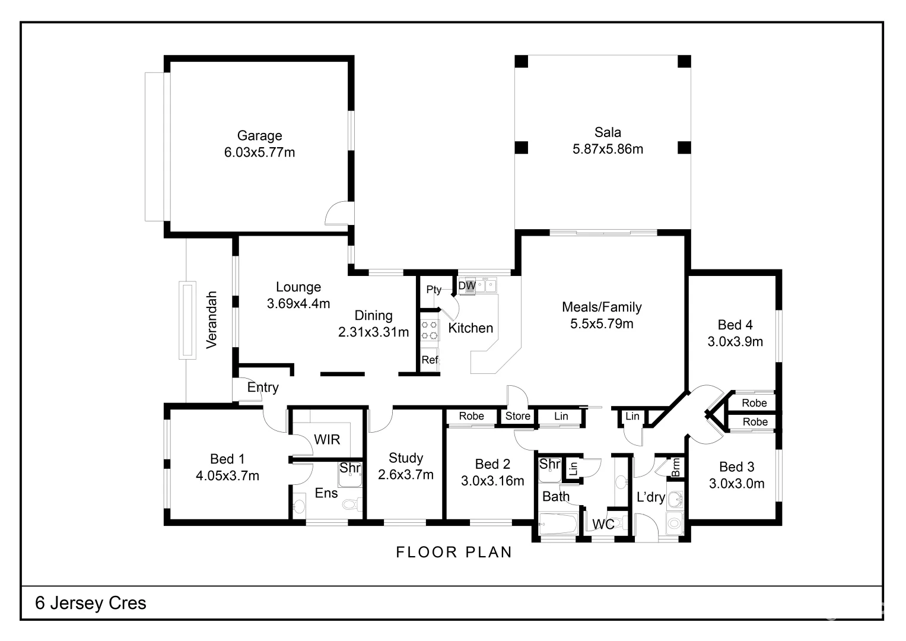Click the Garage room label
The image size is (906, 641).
coord(259,135)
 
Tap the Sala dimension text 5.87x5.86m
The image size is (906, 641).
coord(608,149)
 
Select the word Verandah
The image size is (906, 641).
coord(212,320)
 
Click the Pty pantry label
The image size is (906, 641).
coord(434,290)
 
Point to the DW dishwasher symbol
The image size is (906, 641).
coord(467,285)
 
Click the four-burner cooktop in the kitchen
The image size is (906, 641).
coord(429,330)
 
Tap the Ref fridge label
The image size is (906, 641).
coord(430,359)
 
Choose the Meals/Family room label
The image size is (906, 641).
coord(602,307)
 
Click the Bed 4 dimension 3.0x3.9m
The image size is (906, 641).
coord(735,341)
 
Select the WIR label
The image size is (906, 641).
coord(327,439)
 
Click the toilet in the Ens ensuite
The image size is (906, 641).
coord(351,504)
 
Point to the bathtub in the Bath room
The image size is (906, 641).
coord(558,524)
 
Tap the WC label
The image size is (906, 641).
coord(603,524)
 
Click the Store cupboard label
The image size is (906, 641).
coord(518,416)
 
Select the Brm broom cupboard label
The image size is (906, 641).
coord(676,468)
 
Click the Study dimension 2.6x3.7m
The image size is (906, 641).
coord(406,474)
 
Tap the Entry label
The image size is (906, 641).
coord(263,387)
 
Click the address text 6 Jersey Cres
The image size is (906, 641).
coord(91,603)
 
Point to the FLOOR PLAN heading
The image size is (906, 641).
coord(454,552)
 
